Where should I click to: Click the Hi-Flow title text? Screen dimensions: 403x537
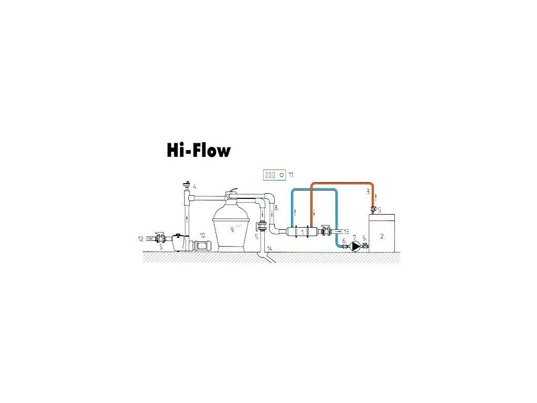[199, 151]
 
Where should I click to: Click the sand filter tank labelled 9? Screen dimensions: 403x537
[231, 228]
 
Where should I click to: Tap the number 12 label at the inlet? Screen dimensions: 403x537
[141, 239]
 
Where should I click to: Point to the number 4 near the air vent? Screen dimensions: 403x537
[195, 186]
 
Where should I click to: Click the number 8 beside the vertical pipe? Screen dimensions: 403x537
[276, 208]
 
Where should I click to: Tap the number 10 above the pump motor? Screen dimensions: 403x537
[202, 236]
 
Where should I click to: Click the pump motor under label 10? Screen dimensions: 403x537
[202, 245]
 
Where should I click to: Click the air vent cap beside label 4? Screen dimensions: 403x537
[186, 185]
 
